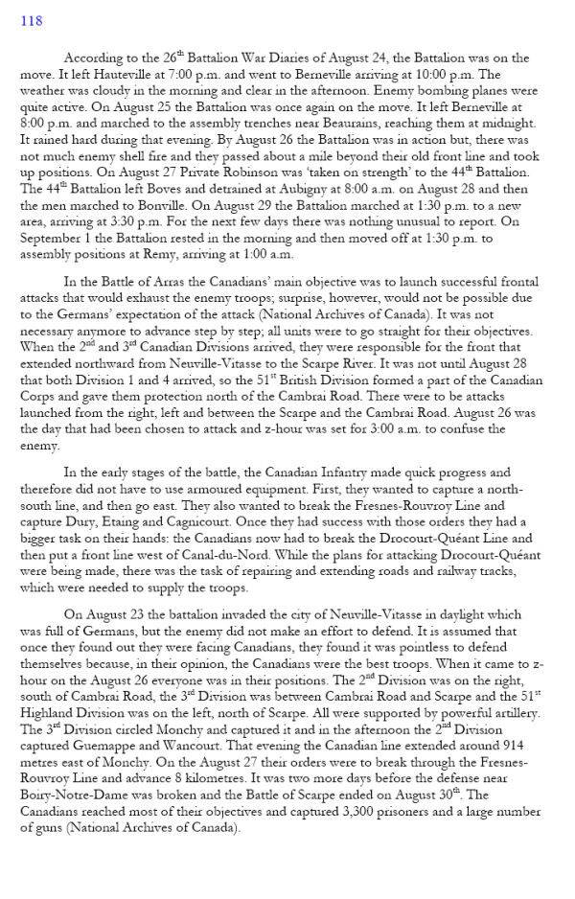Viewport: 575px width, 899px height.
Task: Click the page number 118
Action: [x=32, y=21]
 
